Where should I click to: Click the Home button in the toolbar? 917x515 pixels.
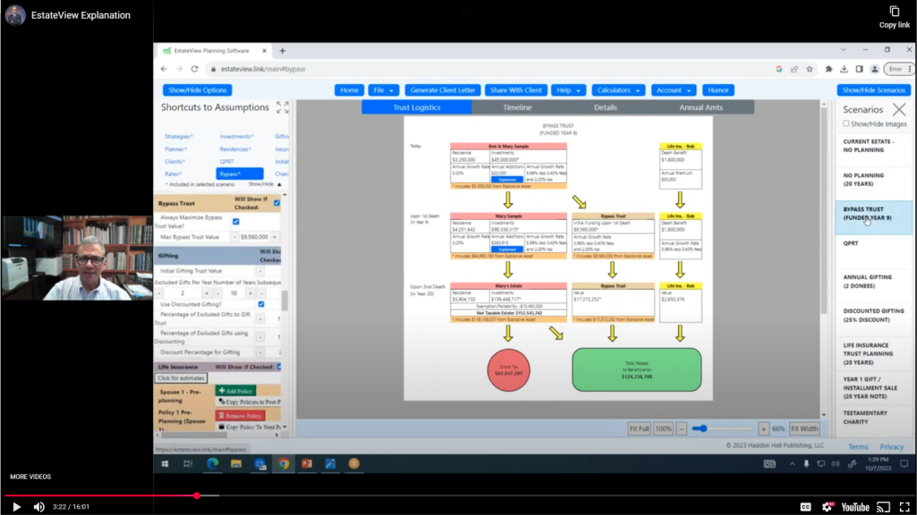tap(349, 90)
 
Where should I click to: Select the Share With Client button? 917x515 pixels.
tap(515, 90)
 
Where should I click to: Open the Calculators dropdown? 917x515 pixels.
tap(617, 90)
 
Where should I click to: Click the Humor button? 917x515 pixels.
tap(717, 90)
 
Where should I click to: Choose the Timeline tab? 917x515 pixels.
tap(517, 107)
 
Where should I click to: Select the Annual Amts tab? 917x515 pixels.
tap(701, 107)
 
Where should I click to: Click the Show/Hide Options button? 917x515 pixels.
tap(197, 90)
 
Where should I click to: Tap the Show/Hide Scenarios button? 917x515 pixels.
tap(873, 90)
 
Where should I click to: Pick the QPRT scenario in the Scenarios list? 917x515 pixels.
tap(851, 243)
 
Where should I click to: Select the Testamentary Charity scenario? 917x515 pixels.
tap(865, 418)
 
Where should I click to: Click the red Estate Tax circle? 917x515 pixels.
tap(508, 370)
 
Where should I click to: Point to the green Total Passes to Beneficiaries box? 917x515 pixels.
tap(636, 370)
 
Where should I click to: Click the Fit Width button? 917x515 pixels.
tap(803, 429)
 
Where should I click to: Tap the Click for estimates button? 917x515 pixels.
tap(182, 378)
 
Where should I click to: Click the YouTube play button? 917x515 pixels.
tap(16, 507)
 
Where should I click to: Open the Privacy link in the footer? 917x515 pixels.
tap(891, 447)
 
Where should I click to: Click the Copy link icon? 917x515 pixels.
tap(894, 12)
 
